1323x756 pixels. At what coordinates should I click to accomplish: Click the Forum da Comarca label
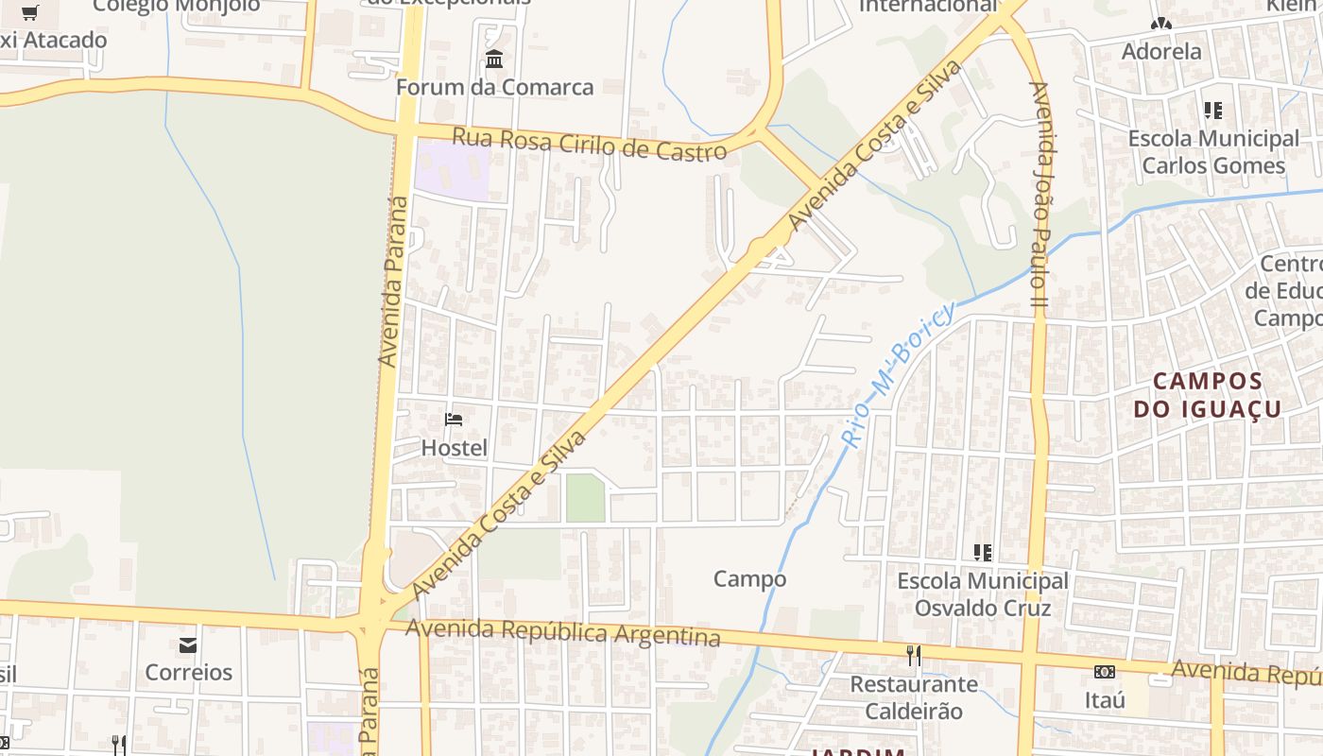[494, 87]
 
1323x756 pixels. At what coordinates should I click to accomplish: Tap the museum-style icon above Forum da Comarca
[494, 60]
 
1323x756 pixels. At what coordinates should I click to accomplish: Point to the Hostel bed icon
[454, 419]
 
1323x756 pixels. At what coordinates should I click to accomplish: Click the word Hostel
[454, 448]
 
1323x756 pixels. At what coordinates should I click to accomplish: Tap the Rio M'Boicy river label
[897, 374]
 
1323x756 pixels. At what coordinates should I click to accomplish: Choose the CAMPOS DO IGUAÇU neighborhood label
[1207, 395]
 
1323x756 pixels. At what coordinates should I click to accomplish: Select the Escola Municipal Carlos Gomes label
[1213, 152]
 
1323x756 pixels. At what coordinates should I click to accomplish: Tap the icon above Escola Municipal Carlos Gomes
[1213, 111]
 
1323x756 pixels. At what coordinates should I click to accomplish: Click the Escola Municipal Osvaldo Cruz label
[983, 593]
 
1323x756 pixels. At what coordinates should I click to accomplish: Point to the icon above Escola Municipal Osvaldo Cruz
[983, 552]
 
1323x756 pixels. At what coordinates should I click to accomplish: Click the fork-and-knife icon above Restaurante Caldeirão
[913, 655]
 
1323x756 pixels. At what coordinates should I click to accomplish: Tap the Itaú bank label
[1104, 700]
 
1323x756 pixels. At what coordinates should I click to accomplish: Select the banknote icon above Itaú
[1104, 672]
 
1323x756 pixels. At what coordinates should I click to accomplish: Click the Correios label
[188, 673]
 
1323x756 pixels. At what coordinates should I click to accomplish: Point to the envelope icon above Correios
[188, 645]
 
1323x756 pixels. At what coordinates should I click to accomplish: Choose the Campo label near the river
[749, 578]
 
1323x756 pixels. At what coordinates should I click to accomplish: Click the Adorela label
[1161, 51]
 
